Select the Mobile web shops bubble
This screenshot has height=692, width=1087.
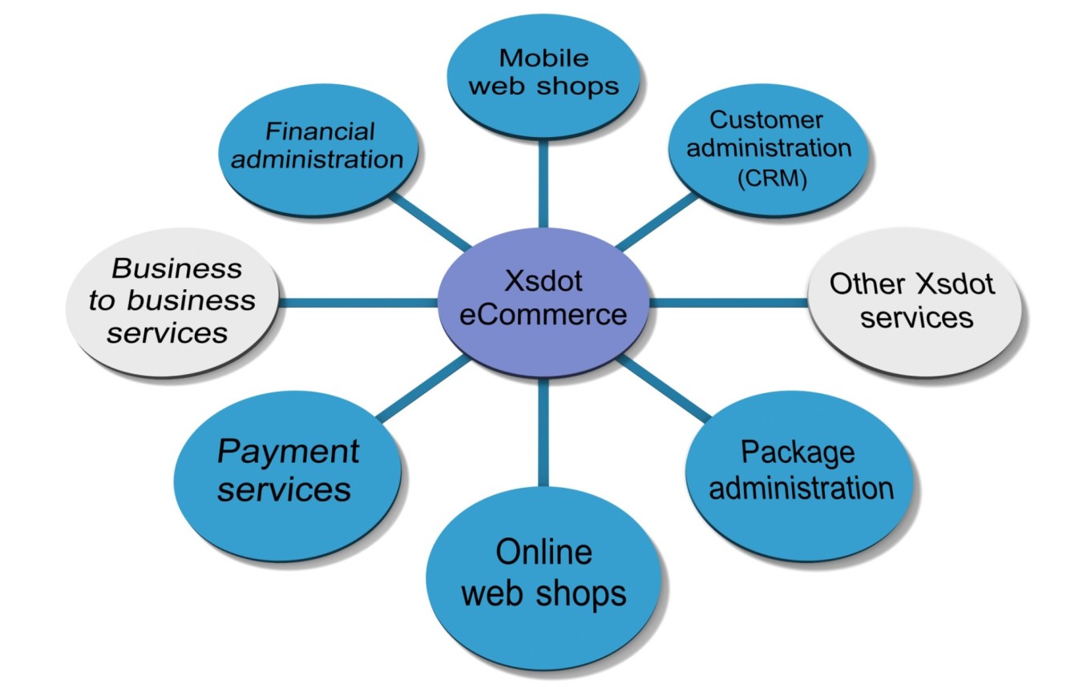click(543, 72)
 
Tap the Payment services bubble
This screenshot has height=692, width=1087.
click(287, 473)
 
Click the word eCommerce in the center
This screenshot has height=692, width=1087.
click(532, 314)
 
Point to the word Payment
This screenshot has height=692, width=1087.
click(288, 452)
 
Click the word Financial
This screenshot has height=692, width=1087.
click(321, 131)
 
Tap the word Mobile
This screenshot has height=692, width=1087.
click(543, 58)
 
